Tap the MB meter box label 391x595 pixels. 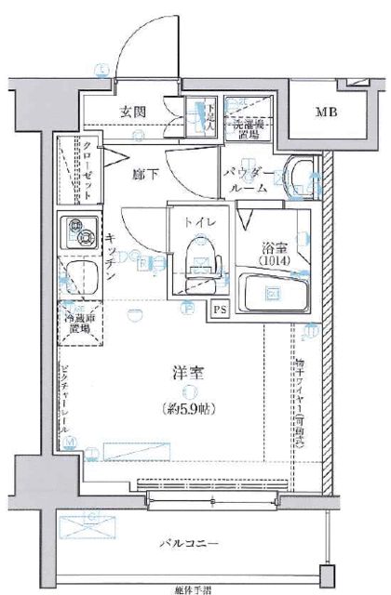click(x=326, y=113)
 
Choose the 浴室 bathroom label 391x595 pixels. click(x=275, y=248)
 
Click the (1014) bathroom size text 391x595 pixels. click(x=275, y=261)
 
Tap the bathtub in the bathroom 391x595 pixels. click(x=274, y=293)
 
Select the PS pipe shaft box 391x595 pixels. click(x=220, y=310)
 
